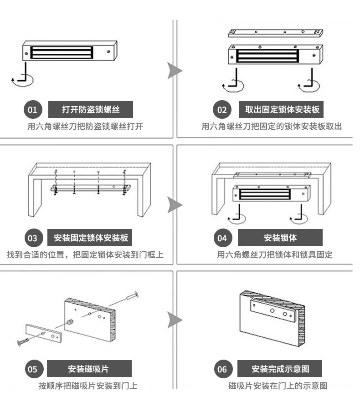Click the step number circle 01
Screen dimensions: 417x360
point(32,110)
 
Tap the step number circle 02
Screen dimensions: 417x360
point(222,110)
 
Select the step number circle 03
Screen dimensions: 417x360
point(33,238)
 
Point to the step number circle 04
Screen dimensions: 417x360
point(222,238)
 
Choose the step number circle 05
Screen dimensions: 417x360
point(33,369)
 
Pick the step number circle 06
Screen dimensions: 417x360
point(222,369)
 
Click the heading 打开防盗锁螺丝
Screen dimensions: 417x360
point(91,110)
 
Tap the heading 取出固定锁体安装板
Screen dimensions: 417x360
point(282,110)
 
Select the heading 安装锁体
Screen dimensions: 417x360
point(280,238)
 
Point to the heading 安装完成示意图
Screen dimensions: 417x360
point(280,368)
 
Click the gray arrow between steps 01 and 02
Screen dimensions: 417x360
point(174,71)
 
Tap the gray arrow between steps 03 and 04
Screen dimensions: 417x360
point(174,205)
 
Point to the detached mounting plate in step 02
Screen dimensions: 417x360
point(276,33)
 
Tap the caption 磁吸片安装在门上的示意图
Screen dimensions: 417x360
point(278,386)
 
